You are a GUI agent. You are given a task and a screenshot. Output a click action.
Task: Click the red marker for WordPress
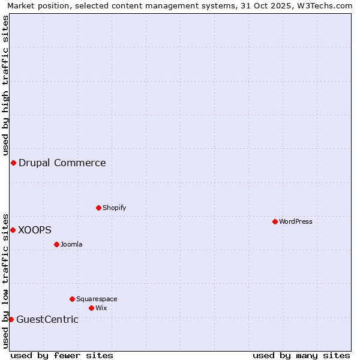(x=275, y=221)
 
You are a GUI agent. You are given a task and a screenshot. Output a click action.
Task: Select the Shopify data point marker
(x=98, y=208)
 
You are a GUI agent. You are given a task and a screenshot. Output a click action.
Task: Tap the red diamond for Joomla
(x=56, y=244)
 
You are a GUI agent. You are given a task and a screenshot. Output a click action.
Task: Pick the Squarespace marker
(x=72, y=299)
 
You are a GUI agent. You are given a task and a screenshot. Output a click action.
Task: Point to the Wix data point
(x=91, y=308)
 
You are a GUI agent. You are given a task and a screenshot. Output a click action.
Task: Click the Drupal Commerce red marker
(x=13, y=163)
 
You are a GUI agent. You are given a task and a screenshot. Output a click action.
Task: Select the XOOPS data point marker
(x=13, y=230)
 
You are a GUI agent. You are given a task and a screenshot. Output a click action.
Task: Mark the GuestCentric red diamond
(x=11, y=319)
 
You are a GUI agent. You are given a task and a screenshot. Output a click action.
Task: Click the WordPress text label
(x=296, y=221)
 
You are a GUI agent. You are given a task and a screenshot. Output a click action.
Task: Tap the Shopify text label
(x=114, y=208)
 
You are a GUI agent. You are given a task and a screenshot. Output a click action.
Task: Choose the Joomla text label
(x=71, y=244)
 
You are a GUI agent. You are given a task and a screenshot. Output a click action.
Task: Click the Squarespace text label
(x=97, y=299)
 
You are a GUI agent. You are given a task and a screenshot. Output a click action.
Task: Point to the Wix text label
(x=101, y=308)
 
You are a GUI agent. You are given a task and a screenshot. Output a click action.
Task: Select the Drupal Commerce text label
(x=62, y=163)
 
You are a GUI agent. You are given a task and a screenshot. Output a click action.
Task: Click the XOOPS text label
(x=35, y=230)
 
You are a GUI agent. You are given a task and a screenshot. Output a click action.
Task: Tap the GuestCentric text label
(x=47, y=319)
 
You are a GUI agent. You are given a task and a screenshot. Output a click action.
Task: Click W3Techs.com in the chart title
(x=326, y=6)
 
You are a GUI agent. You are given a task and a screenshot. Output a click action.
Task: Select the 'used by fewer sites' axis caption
(x=62, y=355)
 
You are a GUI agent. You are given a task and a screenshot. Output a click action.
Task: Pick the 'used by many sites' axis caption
(x=301, y=355)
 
